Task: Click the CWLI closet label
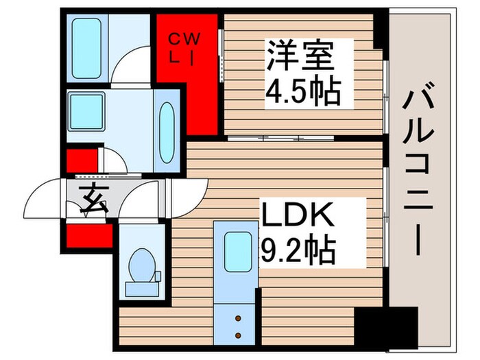click(185, 47)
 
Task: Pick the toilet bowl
click(142, 263)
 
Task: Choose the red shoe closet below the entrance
click(88, 235)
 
